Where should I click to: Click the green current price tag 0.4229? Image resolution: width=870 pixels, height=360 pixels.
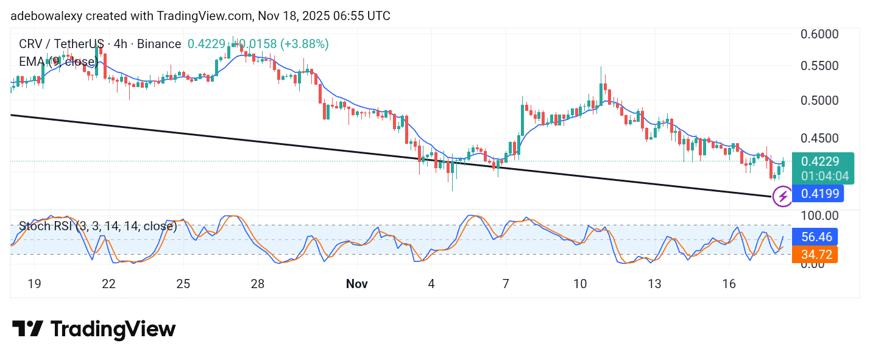(x=820, y=161)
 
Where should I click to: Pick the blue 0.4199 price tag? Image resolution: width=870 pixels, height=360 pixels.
(x=820, y=194)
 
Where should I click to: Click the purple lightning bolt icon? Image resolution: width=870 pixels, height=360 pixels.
(x=782, y=196)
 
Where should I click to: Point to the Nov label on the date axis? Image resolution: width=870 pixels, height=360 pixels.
(x=356, y=284)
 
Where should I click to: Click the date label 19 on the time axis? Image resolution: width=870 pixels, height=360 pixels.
(x=34, y=284)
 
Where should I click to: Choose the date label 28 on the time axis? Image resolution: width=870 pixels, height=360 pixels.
(x=258, y=284)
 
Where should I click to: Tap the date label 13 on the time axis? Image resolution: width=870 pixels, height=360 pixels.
(x=654, y=284)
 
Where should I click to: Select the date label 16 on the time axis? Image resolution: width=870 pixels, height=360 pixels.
(x=729, y=284)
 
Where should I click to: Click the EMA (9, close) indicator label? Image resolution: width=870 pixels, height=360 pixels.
(x=58, y=62)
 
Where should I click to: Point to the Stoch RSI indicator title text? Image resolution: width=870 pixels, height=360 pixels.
(x=97, y=227)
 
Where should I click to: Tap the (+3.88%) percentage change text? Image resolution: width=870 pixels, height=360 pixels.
(x=305, y=44)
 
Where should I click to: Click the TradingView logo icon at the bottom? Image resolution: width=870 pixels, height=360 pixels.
(x=27, y=329)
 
